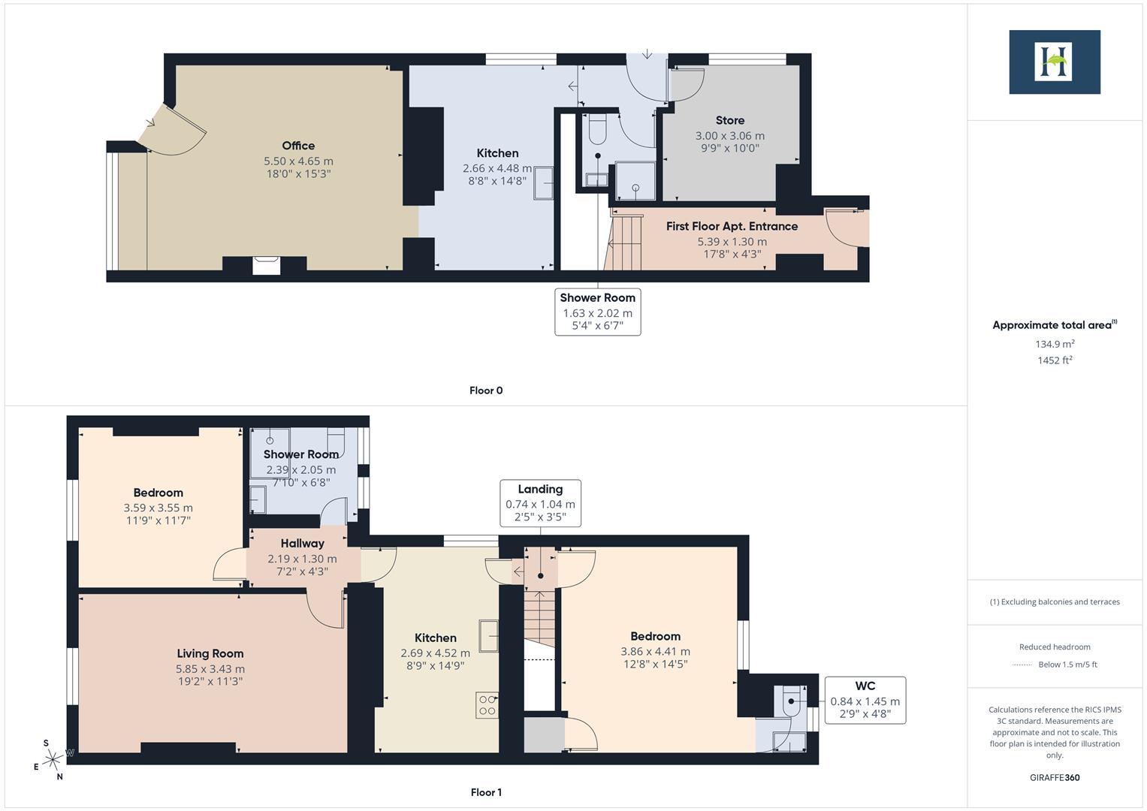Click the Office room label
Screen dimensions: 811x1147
(298, 146)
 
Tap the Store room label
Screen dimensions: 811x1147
(729, 120)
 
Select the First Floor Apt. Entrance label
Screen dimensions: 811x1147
(732, 226)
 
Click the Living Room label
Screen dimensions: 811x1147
(210, 653)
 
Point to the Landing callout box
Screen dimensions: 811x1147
(540, 502)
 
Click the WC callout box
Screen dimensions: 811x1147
(865, 700)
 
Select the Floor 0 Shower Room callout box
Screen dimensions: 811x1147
(597, 312)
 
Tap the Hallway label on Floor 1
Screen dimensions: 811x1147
(302, 543)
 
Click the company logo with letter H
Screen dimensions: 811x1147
(1054, 62)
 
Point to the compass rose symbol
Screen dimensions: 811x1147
(53, 760)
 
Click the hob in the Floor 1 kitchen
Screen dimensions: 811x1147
(487, 705)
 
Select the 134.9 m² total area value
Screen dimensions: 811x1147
(1054, 344)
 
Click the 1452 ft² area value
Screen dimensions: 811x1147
(1054, 360)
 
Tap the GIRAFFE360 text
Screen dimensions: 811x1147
(1054, 777)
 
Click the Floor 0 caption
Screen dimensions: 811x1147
(485, 390)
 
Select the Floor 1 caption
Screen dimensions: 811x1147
(485, 792)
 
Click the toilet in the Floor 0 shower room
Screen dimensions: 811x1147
(597, 129)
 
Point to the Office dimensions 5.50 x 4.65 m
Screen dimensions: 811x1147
(298, 161)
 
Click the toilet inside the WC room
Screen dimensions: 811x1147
(792, 702)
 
